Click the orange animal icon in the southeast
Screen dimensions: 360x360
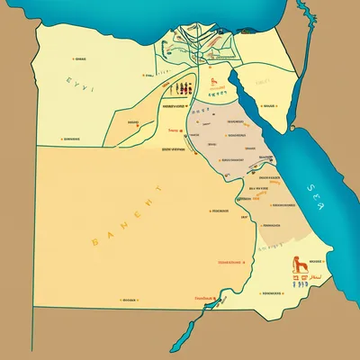click(x=296, y=265)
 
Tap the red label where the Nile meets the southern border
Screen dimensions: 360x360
click(x=203, y=298)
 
